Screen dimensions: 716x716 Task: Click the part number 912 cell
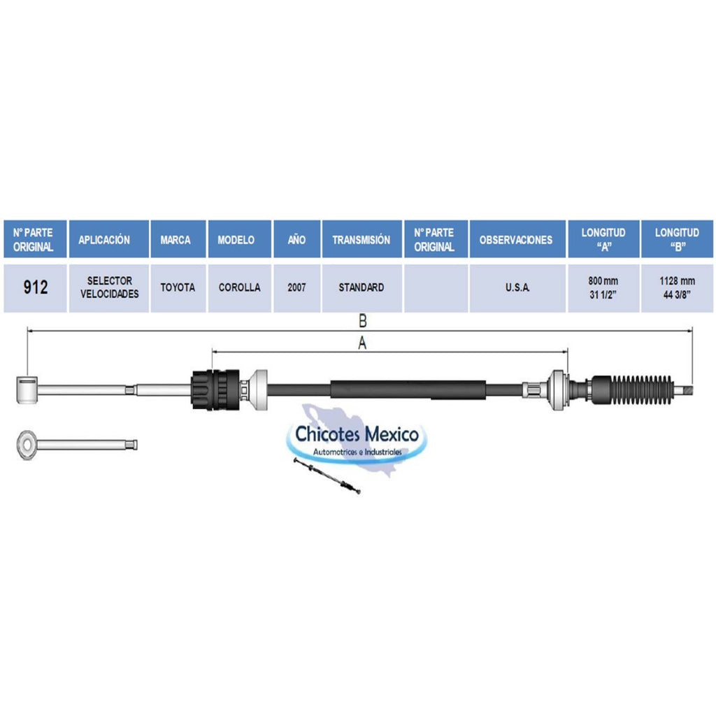pyautogui.click(x=35, y=287)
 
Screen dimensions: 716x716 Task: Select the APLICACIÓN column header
pyautogui.click(x=108, y=239)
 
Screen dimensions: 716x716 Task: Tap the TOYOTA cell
pyautogui.click(x=178, y=287)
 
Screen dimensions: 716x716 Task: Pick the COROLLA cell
pyautogui.click(x=240, y=287)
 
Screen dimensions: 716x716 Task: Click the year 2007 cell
pyautogui.click(x=296, y=287)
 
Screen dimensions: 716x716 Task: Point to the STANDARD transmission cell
pyautogui.click(x=361, y=287)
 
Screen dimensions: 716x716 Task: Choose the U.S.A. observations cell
pyautogui.click(x=517, y=287)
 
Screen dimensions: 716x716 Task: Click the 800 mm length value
pyautogui.click(x=603, y=281)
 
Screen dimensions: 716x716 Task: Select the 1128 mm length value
pyautogui.click(x=677, y=281)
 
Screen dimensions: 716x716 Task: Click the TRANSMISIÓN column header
pyautogui.click(x=361, y=239)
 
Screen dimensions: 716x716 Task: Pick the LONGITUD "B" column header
pyautogui.click(x=677, y=239)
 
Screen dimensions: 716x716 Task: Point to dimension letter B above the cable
pyautogui.click(x=363, y=321)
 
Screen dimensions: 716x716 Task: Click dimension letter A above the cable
pyautogui.click(x=362, y=343)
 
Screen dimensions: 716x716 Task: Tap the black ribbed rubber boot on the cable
pyautogui.click(x=632, y=390)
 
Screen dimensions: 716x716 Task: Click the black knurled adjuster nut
pyautogui.click(x=215, y=389)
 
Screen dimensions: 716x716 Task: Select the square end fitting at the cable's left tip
pyautogui.click(x=27, y=390)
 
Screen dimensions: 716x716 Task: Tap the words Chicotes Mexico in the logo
pyautogui.click(x=357, y=434)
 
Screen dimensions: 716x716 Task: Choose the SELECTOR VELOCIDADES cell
pyautogui.click(x=108, y=287)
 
